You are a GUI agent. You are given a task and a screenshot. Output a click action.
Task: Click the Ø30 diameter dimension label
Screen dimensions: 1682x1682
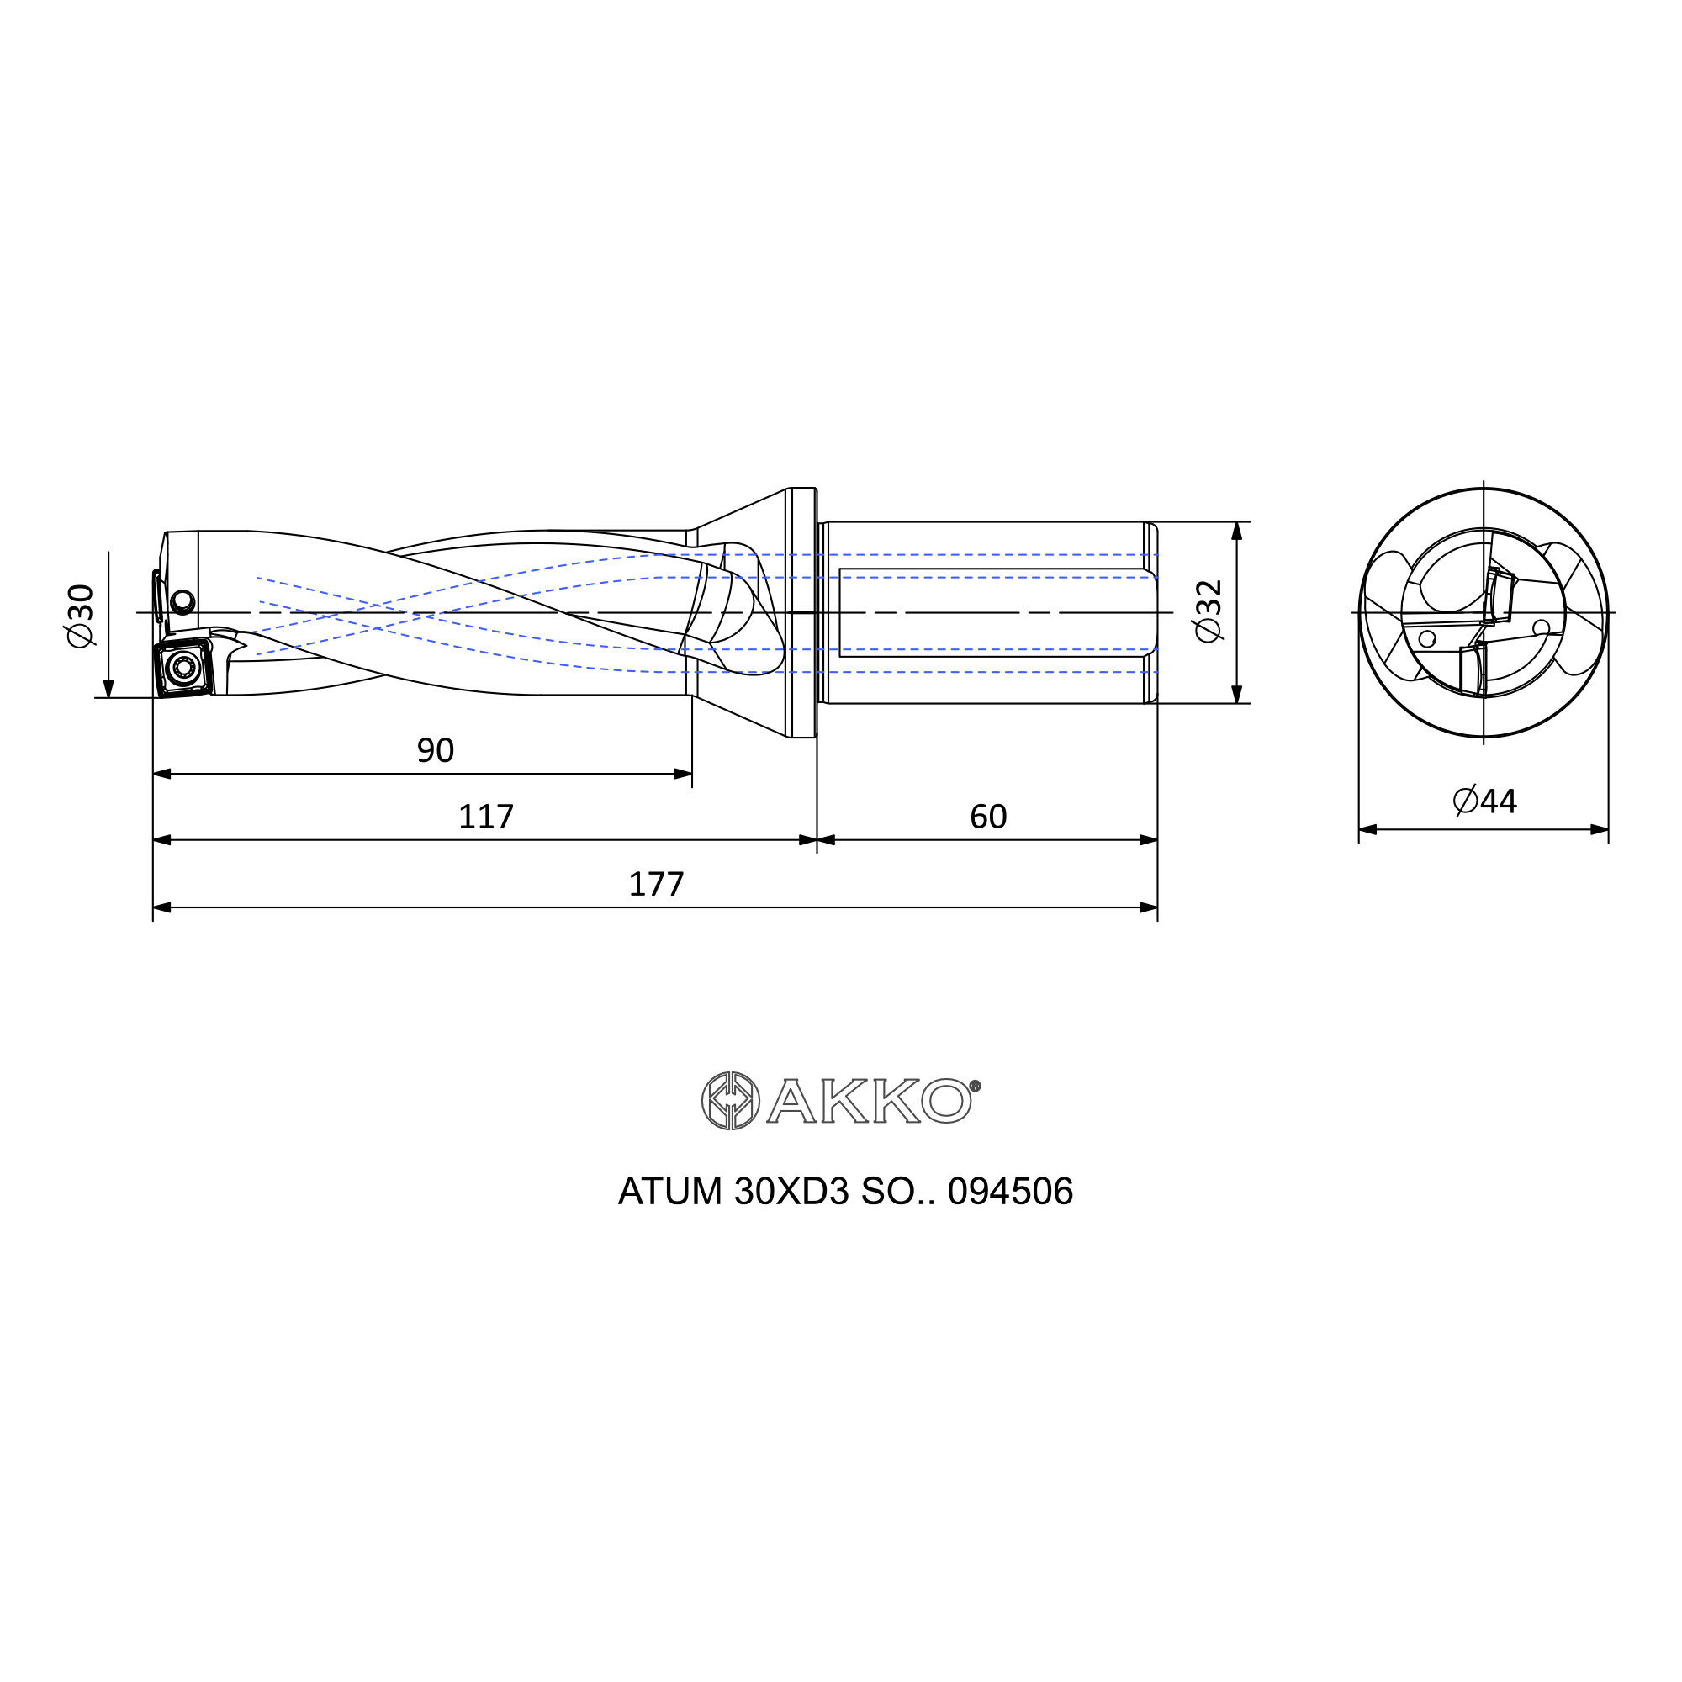(x=80, y=616)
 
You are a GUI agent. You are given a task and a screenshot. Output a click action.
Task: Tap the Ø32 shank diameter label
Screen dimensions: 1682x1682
(x=1209, y=611)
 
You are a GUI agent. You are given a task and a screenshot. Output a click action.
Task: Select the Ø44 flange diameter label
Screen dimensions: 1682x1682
(x=1485, y=801)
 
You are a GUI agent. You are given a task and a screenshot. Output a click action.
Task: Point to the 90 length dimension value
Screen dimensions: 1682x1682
(x=436, y=750)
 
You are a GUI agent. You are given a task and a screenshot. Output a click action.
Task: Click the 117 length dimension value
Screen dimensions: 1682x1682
(x=486, y=817)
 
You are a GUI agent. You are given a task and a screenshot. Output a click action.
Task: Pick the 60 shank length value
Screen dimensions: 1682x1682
(x=988, y=817)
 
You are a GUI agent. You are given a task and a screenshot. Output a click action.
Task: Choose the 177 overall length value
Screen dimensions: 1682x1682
(x=657, y=885)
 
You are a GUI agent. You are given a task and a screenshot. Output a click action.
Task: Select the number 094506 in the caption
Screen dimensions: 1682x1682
(x=1010, y=1192)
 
